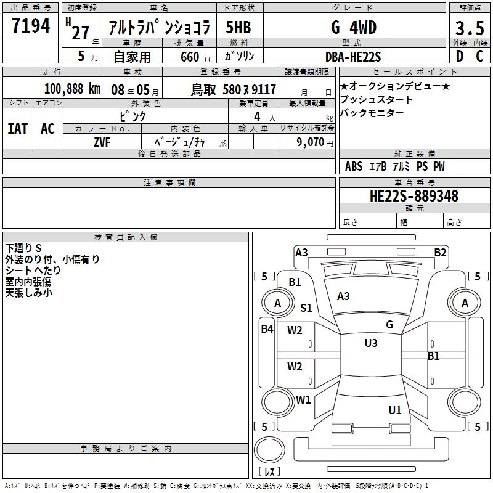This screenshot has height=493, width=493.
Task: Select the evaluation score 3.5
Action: pyautogui.click(x=468, y=29)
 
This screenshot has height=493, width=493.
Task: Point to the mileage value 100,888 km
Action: pyautogui.click(x=71, y=89)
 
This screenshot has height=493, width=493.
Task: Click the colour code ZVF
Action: pyautogui.click(x=102, y=142)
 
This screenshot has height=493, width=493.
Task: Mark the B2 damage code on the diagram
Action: pyautogui.click(x=440, y=252)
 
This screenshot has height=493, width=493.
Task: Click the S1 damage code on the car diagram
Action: pyautogui.click(x=306, y=308)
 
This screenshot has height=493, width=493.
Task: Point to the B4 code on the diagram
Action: pyautogui.click(x=266, y=329)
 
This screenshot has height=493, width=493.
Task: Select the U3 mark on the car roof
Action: pyautogui.click(x=371, y=343)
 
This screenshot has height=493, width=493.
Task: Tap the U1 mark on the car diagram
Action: pyautogui.click(x=395, y=410)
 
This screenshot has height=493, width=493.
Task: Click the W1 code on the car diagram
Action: pyautogui.click(x=303, y=399)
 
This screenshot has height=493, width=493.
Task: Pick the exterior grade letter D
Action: pyautogui.click(x=459, y=57)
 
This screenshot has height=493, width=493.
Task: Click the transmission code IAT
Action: pyautogui.click(x=17, y=128)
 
